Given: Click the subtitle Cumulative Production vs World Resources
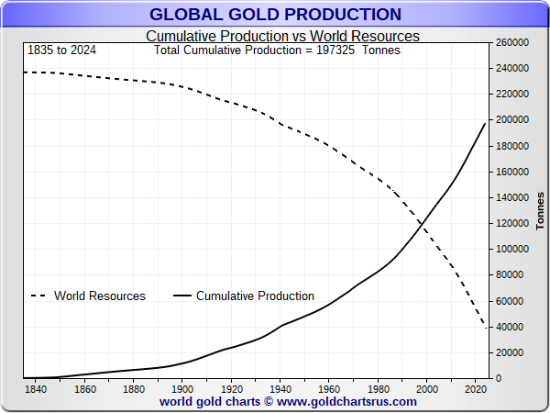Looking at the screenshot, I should tap(282, 36).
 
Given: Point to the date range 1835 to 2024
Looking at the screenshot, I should tap(62, 50).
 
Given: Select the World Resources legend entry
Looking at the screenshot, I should tap(99, 296).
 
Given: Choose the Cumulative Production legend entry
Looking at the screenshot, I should tap(255, 296).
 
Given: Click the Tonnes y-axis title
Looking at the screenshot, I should tap(540, 211).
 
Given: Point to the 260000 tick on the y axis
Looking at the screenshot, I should tap(512, 42).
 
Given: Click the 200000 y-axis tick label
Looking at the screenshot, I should tap(512, 120).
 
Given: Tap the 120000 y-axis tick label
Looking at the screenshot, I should tap(512, 223).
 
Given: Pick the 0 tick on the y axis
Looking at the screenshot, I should tap(500, 378).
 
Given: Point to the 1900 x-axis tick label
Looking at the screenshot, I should tap(182, 388).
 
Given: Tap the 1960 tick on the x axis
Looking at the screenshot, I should tap(329, 388).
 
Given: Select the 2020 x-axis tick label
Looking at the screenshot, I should tap(476, 388).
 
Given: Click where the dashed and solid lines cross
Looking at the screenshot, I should tap(423, 221).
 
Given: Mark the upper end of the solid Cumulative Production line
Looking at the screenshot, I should tap(485, 123).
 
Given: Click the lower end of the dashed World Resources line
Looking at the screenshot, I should tap(485, 327).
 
